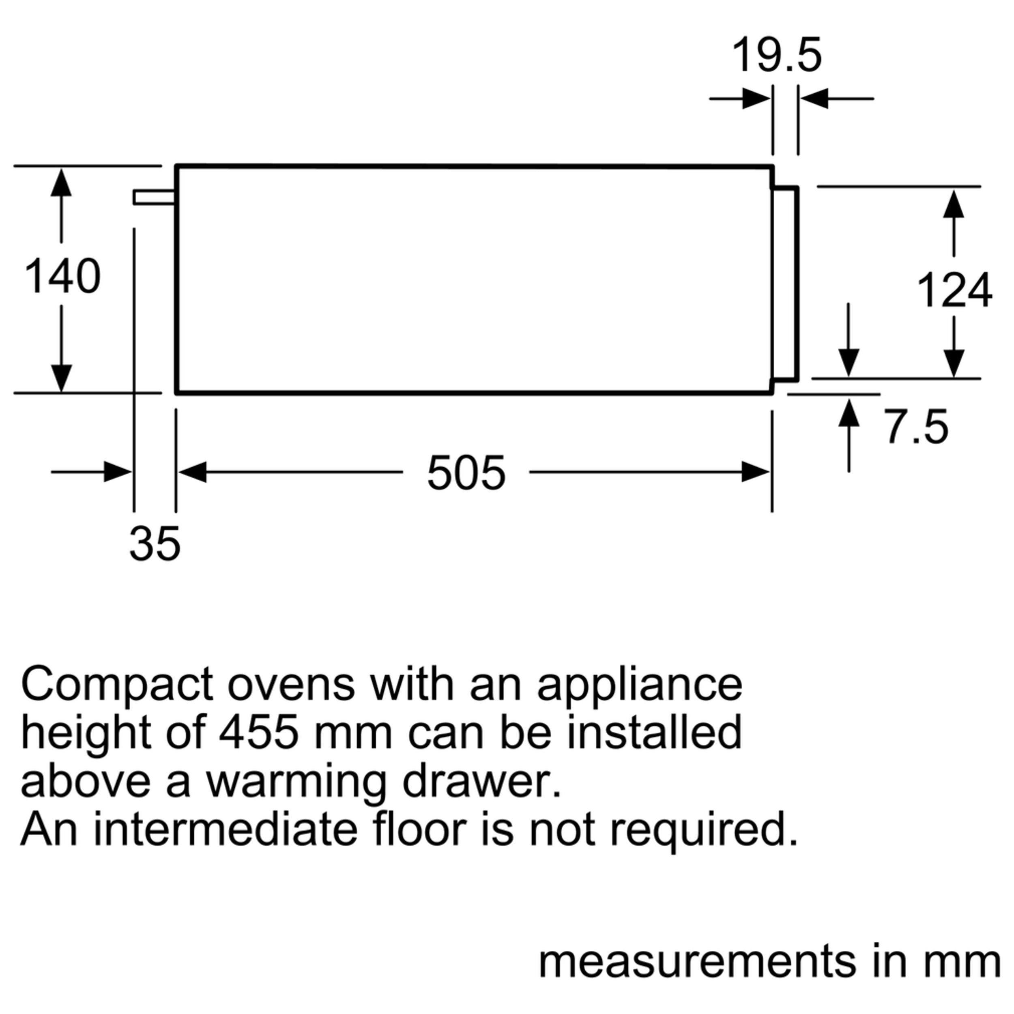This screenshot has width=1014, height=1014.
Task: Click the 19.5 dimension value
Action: pyautogui.click(x=776, y=56)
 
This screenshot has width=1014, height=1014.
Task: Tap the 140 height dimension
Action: pyautogui.click(x=62, y=277)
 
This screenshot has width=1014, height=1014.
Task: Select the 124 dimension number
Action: pyautogui.click(x=954, y=290)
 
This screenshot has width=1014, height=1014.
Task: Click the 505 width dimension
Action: pyautogui.click(x=466, y=473)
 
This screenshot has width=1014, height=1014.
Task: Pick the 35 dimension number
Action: pyautogui.click(x=155, y=544)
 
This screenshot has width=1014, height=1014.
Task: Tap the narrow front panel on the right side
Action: pyautogui.click(x=786, y=282)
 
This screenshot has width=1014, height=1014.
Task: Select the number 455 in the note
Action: pyautogui.click(x=259, y=732)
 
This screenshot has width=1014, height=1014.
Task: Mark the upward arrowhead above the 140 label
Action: pyautogui.click(x=61, y=183)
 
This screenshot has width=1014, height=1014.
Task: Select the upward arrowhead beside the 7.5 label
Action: pyautogui.click(x=849, y=412)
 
